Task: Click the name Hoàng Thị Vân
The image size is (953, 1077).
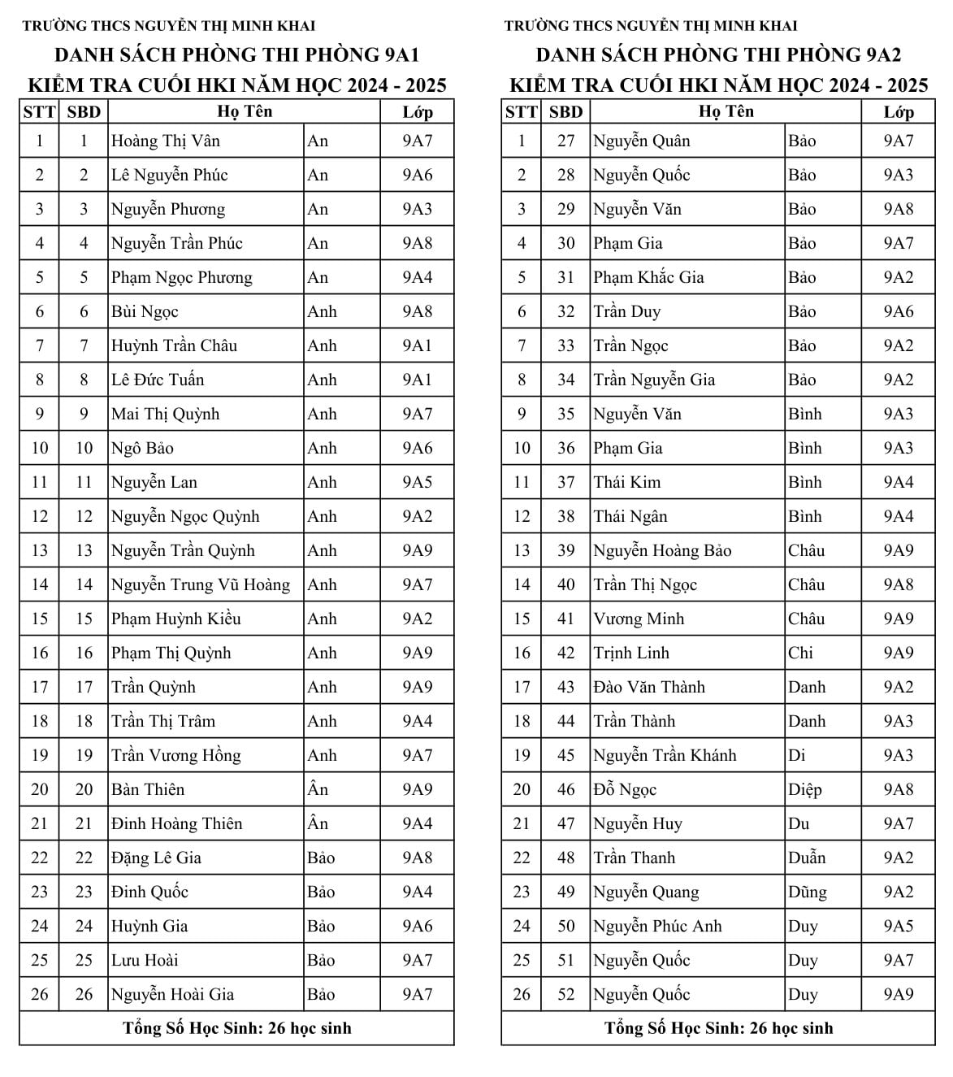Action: [x=166, y=141]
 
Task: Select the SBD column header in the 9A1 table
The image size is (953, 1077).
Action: [x=83, y=112]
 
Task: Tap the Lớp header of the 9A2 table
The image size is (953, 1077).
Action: [x=898, y=112]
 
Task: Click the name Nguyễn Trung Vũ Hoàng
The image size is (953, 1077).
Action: [x=201, y=584]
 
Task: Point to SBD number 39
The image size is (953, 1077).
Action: [x=565, y=550]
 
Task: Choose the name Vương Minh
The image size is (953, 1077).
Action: [x=639, y=619]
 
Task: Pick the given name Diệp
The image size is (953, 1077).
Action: [x=804, y=789]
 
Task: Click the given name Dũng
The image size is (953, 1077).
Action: [x=807, y=892]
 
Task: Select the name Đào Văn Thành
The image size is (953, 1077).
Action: [x=649, y=687]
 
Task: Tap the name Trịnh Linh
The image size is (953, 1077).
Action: [x=631, y=653]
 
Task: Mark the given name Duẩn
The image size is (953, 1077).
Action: [x=806, y=858]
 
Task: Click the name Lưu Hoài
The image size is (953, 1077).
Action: [x=145, y=960]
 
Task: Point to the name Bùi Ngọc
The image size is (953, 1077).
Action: [x=145, y=311]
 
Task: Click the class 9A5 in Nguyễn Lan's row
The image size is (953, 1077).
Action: [x=418, y=482]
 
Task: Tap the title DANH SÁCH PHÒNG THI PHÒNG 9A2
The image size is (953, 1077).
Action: [x=718, y=55]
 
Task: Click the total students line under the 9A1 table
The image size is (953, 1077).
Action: [x=237, y=1028]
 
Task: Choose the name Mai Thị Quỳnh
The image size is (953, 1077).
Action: [x=166, y=414]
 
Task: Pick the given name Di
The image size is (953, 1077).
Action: [x=796, y=755]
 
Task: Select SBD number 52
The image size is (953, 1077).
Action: [x=565, y=994]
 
